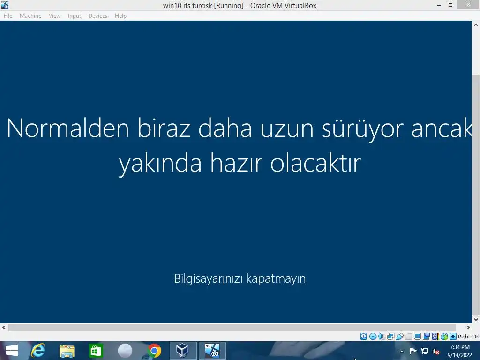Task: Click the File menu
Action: (x=8, y=16)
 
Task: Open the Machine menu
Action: (x=30, y=16)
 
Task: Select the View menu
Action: (x=54, y=16)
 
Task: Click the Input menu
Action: (x=75, y=16)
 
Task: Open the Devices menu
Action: (x=98, y=16)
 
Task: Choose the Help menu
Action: (x=120, y=16)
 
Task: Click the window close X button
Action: (x=468, y=5)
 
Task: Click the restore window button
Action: (x=450, y=5)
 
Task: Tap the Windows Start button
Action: (x=12, y=351)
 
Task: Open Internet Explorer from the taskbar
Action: (x=38, y=351)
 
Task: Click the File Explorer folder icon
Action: (x=67, y=351)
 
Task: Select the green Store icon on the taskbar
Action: (x=96, y=351)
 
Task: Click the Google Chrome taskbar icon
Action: (x=154, y=351)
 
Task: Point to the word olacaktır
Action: (x=315, y=163)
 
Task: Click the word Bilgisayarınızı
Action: (x=209, y=279)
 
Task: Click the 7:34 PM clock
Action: (x=460, y=347)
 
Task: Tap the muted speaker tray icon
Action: (x=436, y=351)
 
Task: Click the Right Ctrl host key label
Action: (x=469, y=337)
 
